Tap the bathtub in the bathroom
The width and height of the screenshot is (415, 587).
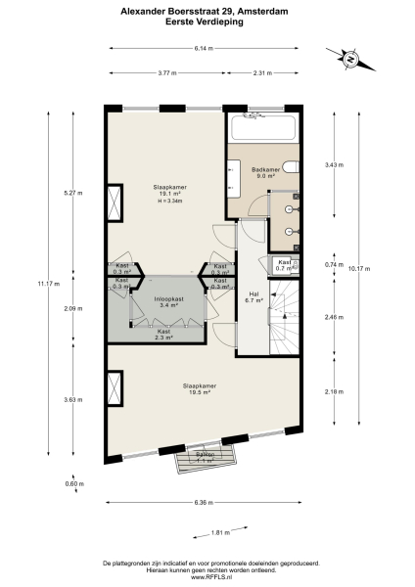click(x=260, y=126)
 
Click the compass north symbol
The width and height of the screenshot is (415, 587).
click(x=348, y=61)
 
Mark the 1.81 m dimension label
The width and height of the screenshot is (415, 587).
click(x=220, y=533)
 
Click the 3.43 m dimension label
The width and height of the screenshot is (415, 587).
click(x=335, y=165)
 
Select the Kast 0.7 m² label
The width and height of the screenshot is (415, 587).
click(x=284, y=265)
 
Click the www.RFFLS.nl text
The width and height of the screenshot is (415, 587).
click(x=207, y=578)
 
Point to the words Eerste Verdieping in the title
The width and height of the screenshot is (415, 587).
click(x=207, y=21)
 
